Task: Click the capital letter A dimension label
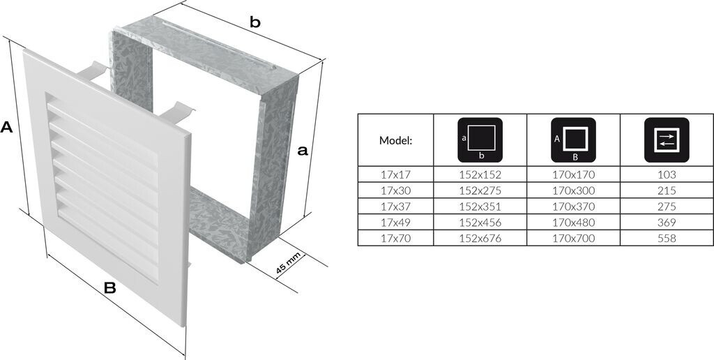(x=7, y=127)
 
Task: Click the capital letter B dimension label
(x=109, y=287)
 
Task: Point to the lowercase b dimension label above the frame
(x=255, y=22)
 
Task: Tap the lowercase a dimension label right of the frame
(x=302, y=150)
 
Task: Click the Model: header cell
(x=395, y=140)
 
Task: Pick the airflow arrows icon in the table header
(x=666, y=140)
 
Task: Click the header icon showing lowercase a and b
(x=480, y=140)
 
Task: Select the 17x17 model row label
(x=395, y=174)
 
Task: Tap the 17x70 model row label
(x=395, y=238)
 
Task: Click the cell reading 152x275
(x=480, y=190)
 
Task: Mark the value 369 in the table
(x=666, y=223)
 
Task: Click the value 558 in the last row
(x=666, y=238)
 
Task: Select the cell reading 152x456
(x=480, y=223)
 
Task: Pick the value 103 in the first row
(x=666, y=174)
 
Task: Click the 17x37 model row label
(x=395, y=207)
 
